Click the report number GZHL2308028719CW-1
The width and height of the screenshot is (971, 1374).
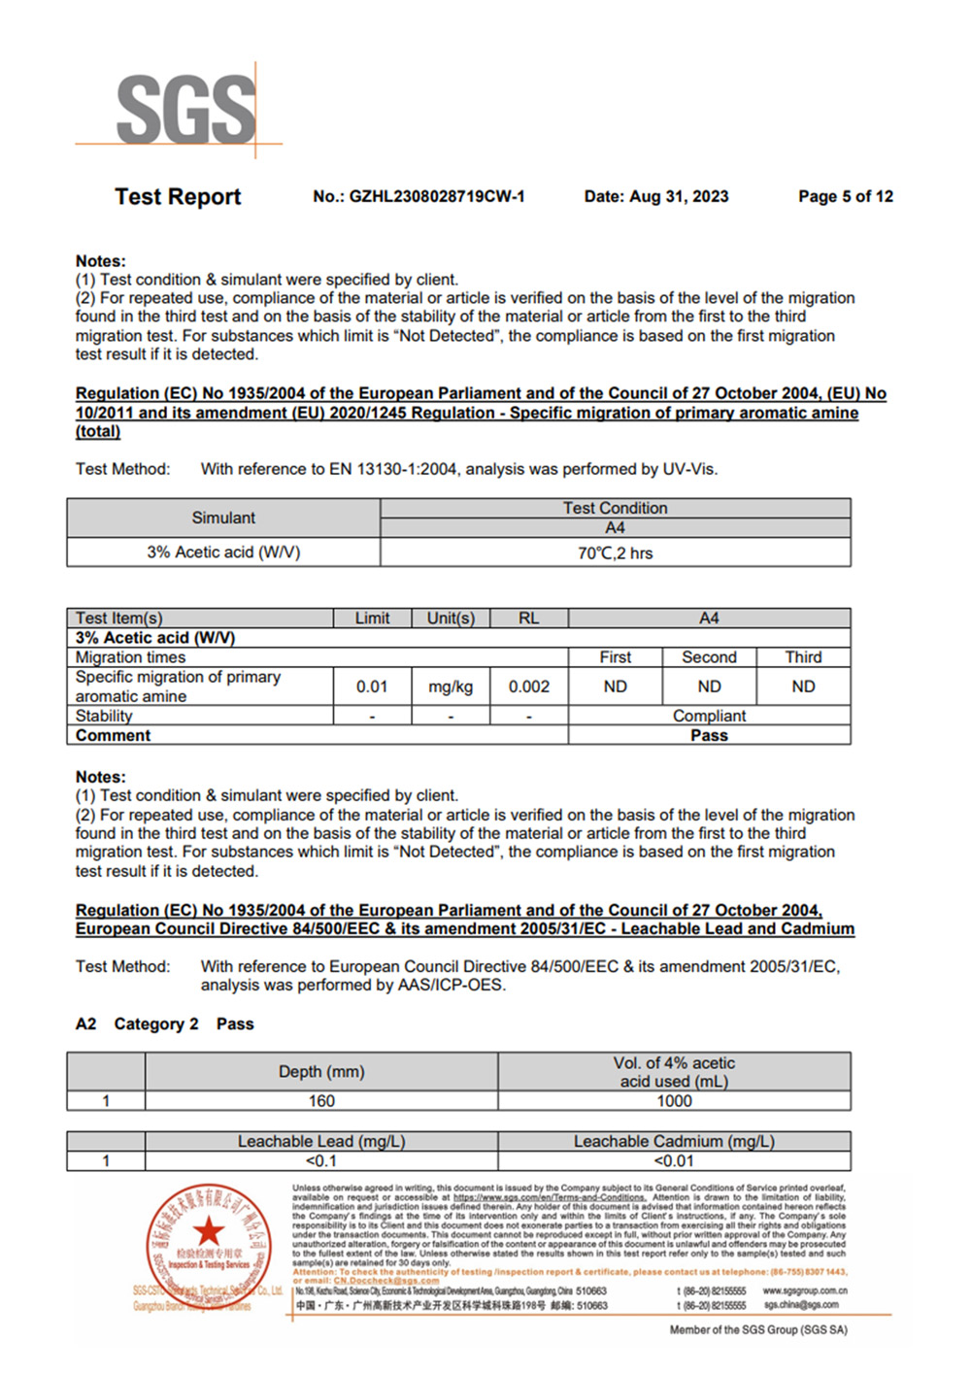pos(419,196)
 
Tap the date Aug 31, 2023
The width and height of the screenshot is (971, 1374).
pos(656,196)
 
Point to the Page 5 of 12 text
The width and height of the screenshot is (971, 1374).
pos(845,196)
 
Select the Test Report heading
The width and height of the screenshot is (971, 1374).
pos(178,196)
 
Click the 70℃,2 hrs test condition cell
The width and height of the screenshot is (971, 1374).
pos(615,553)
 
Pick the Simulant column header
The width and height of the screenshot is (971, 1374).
pos(223,518)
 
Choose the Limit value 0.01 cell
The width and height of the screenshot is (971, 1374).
pos(372,687)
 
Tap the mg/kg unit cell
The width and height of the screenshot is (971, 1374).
pos(451,687)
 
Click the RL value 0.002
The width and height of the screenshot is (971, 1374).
pos(529,687)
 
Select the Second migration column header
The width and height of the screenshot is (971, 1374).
pos(709,657)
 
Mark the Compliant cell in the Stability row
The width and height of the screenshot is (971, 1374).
pos(709,716)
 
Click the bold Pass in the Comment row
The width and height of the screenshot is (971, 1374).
pos(709,735)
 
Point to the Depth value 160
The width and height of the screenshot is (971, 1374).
pos(321,1101)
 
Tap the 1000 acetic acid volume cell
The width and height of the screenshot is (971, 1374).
pos(674,1101)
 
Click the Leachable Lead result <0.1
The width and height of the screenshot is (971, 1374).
pos(321,1161)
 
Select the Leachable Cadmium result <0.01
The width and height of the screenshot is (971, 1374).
pos(674,1161)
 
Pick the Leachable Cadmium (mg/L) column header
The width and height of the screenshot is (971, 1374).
pos(674,1141)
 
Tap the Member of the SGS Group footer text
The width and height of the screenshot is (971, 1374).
pos(758,1329)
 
